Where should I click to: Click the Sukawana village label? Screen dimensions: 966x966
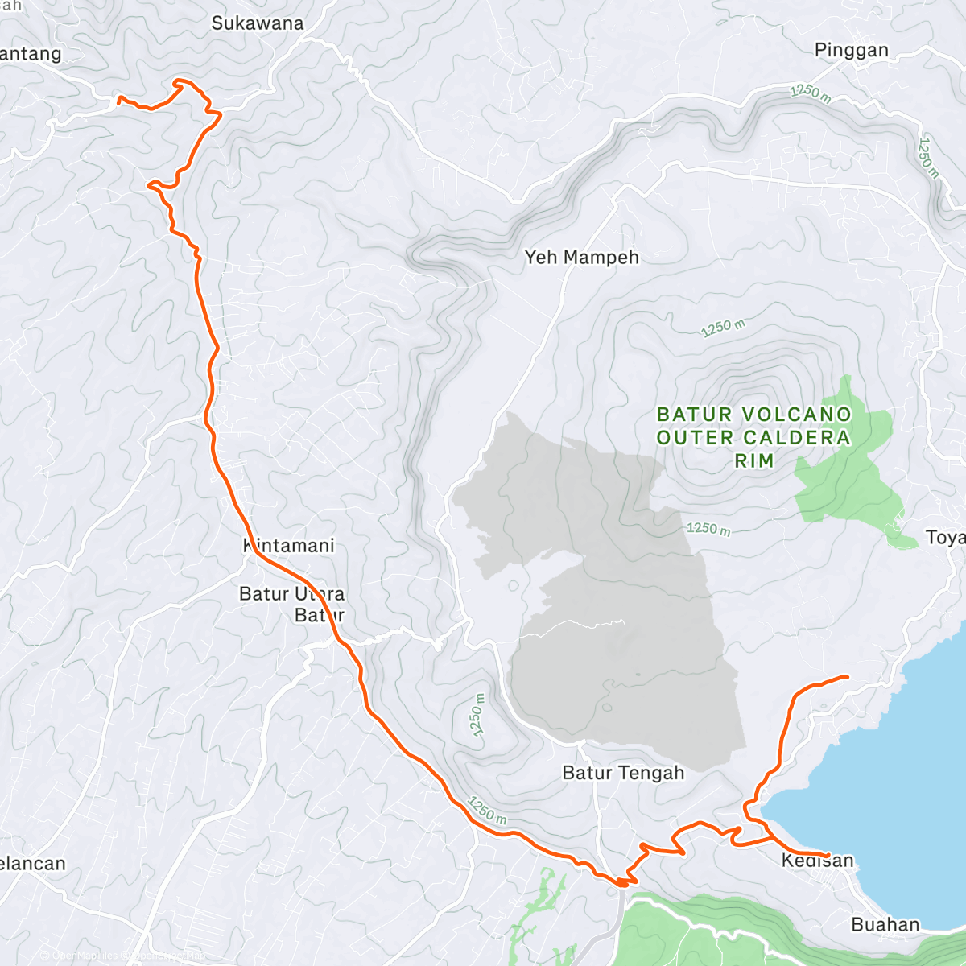click(258, 23)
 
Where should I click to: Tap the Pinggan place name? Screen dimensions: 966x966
click(851, 50)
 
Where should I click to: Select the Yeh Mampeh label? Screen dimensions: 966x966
click(581, 258)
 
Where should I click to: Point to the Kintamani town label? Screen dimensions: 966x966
click(288, 546)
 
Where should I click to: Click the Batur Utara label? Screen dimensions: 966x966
click(291, 594)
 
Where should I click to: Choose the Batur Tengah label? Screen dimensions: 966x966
click(623, 773)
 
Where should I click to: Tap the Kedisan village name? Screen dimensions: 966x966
click(817, 861)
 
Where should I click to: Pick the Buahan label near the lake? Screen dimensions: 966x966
click(885, 924)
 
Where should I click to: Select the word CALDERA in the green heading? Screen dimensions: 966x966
click(797, 438)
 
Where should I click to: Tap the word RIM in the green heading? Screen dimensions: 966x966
click(754, 460)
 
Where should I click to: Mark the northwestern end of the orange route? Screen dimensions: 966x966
click(120, 99)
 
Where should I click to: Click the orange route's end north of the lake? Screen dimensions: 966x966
click(848, 676)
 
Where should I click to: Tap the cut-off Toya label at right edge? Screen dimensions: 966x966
click(945, 538)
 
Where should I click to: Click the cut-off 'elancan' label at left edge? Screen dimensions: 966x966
click(32, 864)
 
